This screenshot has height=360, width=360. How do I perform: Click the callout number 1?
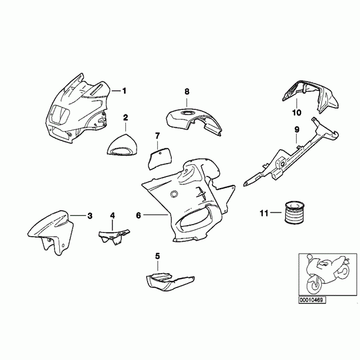point(124,91)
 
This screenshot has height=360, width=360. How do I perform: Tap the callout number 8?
point(187,92)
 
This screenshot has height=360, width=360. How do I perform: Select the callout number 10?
point(296,113)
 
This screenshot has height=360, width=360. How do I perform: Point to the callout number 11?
point(264,213)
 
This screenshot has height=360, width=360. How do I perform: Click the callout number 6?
point(138,215)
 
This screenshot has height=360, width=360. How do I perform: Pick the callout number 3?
point(90,216)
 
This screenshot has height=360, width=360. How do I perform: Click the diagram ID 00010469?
point(312,300)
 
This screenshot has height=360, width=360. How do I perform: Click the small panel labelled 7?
point(160,158)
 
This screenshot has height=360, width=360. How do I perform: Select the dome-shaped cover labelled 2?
point(123,146)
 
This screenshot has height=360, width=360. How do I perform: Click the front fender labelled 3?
point(51,232)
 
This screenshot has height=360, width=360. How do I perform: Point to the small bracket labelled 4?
point(114,236)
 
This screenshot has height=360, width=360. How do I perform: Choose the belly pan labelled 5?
point(169,281)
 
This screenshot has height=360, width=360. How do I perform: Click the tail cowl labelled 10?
point(310,97)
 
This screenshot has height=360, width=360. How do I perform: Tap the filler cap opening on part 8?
point(187,113)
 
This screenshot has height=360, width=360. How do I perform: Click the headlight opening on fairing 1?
point(60,114)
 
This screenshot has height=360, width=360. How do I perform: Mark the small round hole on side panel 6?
point(174,194)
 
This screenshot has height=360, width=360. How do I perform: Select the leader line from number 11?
point(276,212)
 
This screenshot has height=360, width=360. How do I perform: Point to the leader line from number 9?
point(297,139)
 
